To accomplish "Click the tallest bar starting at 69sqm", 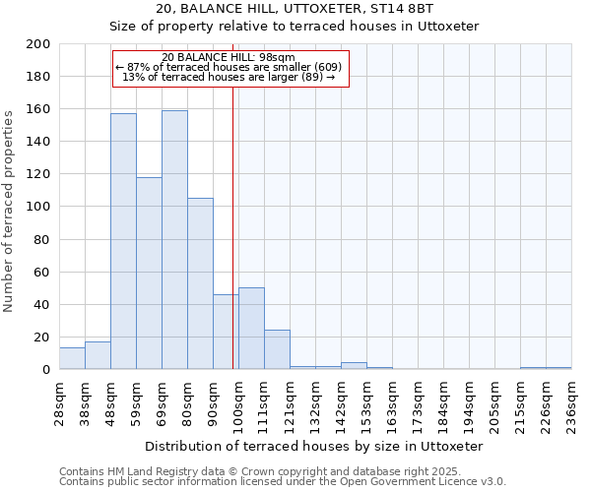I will pos(174,240).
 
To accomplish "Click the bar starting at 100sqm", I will pos(251,329).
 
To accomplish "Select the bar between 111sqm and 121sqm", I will pos(277,349).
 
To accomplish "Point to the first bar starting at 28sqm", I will pos(72,358).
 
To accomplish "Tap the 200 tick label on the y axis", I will pos(38,44).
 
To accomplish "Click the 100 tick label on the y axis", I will pos(38,207).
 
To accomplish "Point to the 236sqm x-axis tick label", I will pos(571,403).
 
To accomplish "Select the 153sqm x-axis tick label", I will pos(366,403).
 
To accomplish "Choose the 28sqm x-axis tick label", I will pos(59,403).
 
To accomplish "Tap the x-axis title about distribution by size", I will pos(314,446).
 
